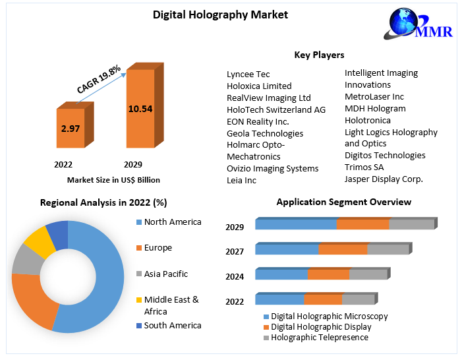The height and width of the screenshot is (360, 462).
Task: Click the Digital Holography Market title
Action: pos(211,14)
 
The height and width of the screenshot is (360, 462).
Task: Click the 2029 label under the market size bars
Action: pos(133,164)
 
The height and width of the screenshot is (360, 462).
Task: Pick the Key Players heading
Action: pos(319,55)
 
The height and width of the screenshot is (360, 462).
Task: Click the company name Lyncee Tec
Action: pos(248,74)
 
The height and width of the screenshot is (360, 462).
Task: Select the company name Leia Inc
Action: pos(241,180)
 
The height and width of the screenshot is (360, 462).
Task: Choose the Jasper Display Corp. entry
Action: pos(384,179)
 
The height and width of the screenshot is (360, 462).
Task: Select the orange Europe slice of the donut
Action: pos(30,301)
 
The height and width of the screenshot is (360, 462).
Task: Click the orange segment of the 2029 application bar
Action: pos(362,224)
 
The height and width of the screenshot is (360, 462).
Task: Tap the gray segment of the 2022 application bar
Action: pos(358,299)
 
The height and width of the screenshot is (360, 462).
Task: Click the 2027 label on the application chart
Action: pos(235,251)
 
